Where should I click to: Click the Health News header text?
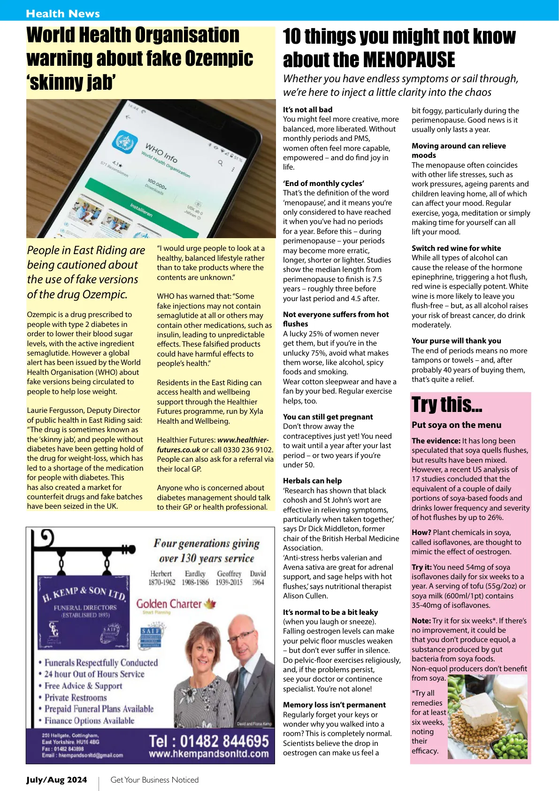pos(63,14)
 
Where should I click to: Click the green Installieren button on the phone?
pos(142,209)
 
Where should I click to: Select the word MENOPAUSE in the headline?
pos(409,60)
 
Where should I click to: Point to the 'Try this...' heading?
pos(447,404)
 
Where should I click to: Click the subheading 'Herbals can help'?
pos(312,481)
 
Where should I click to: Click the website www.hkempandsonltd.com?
pos(209,754)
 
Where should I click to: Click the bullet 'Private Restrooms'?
pos(76,698)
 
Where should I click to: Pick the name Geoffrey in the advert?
pos(229,574)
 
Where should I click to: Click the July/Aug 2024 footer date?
pos(56,780)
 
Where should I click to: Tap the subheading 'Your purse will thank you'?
pos(456,341)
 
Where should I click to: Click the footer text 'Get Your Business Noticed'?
pos(154,780)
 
